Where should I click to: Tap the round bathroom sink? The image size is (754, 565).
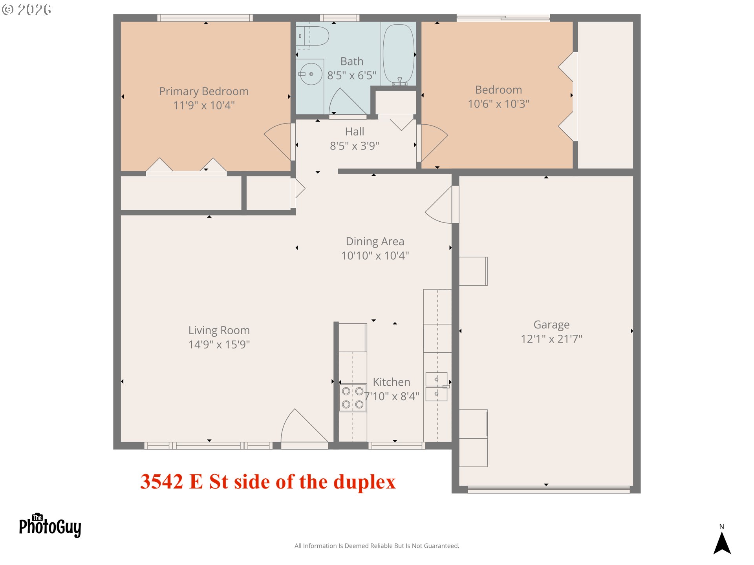pyautogui.click(x=311, y=74)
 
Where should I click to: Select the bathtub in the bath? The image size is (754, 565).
pyautogui.click(x=399, y=55)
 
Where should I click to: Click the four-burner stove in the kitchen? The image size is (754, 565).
pyautogui.click(x=353, y=398)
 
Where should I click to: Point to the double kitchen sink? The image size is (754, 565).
pyautogui.click(x=437, y=386)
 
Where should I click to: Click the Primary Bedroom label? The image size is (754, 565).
pyautogui.click(x=204, y=91)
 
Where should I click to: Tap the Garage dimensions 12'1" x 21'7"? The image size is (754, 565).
pyautogui.click(x=551, y=339)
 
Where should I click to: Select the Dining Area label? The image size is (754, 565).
pyautogui.click(x=375, y=241)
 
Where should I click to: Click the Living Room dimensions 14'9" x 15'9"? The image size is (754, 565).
pyautogui.click(x=219, y=344)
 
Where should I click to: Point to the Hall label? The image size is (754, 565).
pyautogui.click(x=355, y=131)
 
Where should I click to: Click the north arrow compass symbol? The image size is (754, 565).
pyautogui.click(x=722, y=542)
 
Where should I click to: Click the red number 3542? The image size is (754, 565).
pyautogui.click(x=162, y=481)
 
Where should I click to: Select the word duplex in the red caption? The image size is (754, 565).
pyautogui.click(x=364, y=482)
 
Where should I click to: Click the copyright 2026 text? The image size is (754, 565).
pyautogui.click(x=27, y=9)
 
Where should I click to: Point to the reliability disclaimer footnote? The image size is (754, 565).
pyautogui.click(x=377, y=546)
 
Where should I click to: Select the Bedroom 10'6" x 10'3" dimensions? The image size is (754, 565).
pyautogui.click(x=498, y=104)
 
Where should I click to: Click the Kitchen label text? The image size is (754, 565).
pyautogui.click(x=392, y=382)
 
